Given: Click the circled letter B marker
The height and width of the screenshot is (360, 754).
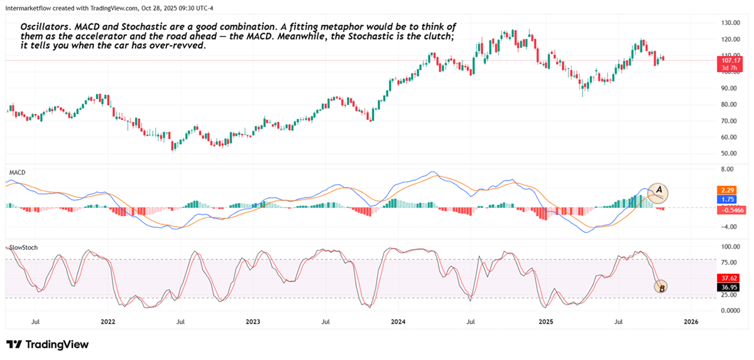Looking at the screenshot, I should tap(660, 288).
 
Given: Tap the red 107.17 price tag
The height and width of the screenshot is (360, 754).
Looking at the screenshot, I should tap(729, 60).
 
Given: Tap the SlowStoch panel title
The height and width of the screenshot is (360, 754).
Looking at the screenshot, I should tap(23, 248).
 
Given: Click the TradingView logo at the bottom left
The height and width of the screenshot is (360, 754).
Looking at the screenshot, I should tap(48, 344).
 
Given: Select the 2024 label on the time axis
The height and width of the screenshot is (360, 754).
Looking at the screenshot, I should tap(398, 322).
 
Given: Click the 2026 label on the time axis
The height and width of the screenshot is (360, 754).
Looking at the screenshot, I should tap(690, 322).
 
